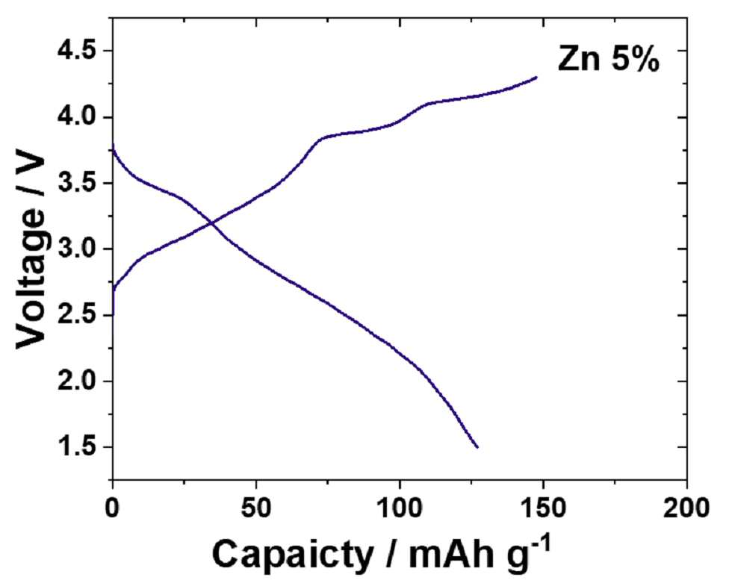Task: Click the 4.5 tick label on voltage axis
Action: point(78,51)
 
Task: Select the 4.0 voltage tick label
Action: point(78,117)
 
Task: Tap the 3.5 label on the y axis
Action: point(78,184)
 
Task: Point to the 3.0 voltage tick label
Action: point(78,249)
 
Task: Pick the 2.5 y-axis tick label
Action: point(78,316)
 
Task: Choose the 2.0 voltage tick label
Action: point(78,381)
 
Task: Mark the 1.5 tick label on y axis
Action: point(78,447)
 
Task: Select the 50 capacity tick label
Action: point(256,508)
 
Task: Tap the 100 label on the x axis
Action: point(400,508)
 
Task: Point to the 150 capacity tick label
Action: point(543,508)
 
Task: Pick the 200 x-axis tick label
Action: point(686,508)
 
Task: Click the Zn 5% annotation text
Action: point(609,60)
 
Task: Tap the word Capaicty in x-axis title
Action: point(294,554)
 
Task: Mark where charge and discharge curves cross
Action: point(211,224)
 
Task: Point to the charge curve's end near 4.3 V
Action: point(536,77)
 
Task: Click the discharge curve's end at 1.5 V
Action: point(477,447)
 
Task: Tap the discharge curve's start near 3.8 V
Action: point(113,145)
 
